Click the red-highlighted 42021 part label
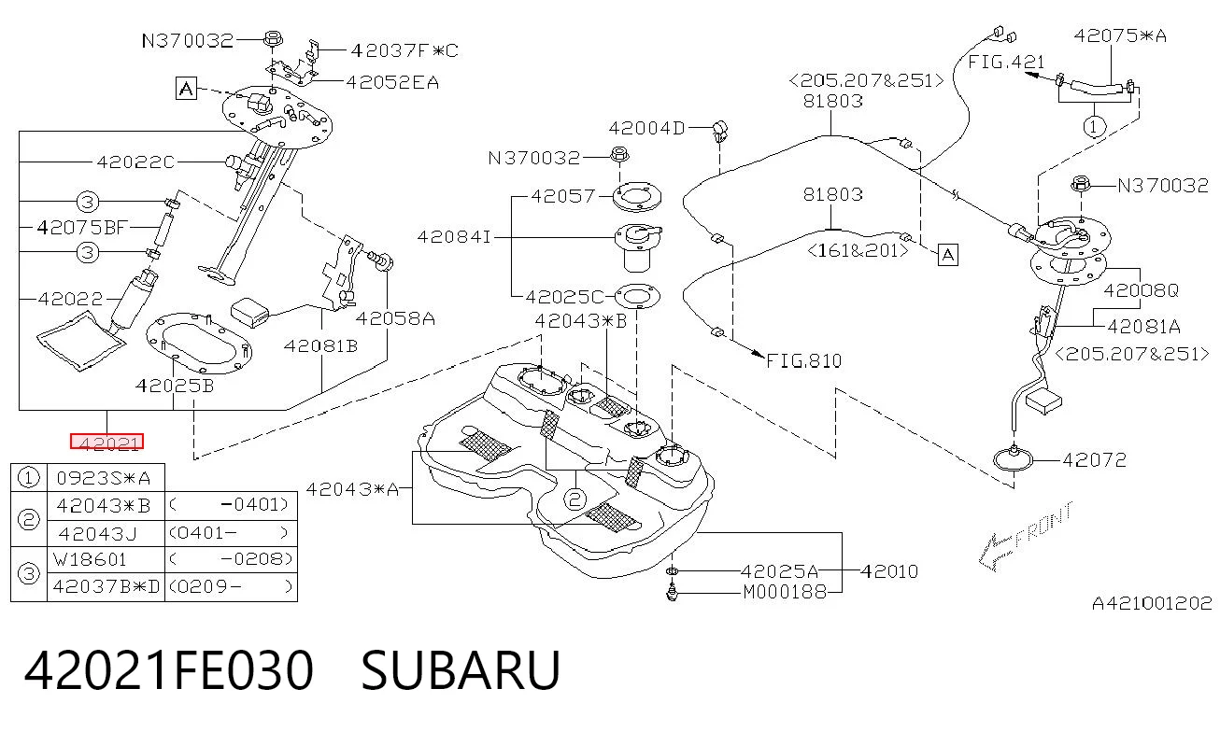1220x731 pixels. pyautogui.click(x=106, y=442)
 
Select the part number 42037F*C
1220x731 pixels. pyautogui.click(x=404, y=50)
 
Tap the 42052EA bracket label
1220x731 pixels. pyautogui.click(x=392, y=83)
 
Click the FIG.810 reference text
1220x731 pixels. pyautogui.click(x=803, y=361)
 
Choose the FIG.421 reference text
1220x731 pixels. pyautogui.click(x=1006, y=62)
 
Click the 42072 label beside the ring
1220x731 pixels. pyautogui.click(x=1094, y=460)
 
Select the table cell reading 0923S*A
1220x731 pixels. pyautogui.click(x=104, y=478)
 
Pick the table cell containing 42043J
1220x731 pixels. pyautogui.click(x=97, y=533)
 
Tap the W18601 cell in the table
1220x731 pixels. pyautogui.click(x=90, y=559)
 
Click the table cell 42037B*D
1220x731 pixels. pyautogui.click(x=106, y=586)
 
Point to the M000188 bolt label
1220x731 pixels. pyautogui.click(x=785, y=592)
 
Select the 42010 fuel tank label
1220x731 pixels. pyautogui.click(x=889, y=571)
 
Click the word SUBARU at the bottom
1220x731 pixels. pyautogui.click(x=461, y=670)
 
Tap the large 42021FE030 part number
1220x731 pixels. pyautogui.click(x=169, y=670)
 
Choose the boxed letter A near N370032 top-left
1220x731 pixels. pyautogui.click(x=186, y=88)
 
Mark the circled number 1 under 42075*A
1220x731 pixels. pyautogui.click(x=1094, y=127)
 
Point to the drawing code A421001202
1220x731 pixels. pyautogui.click(x=1152, y=603)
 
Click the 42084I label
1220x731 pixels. pyautogui.click(x=454, y=237)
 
